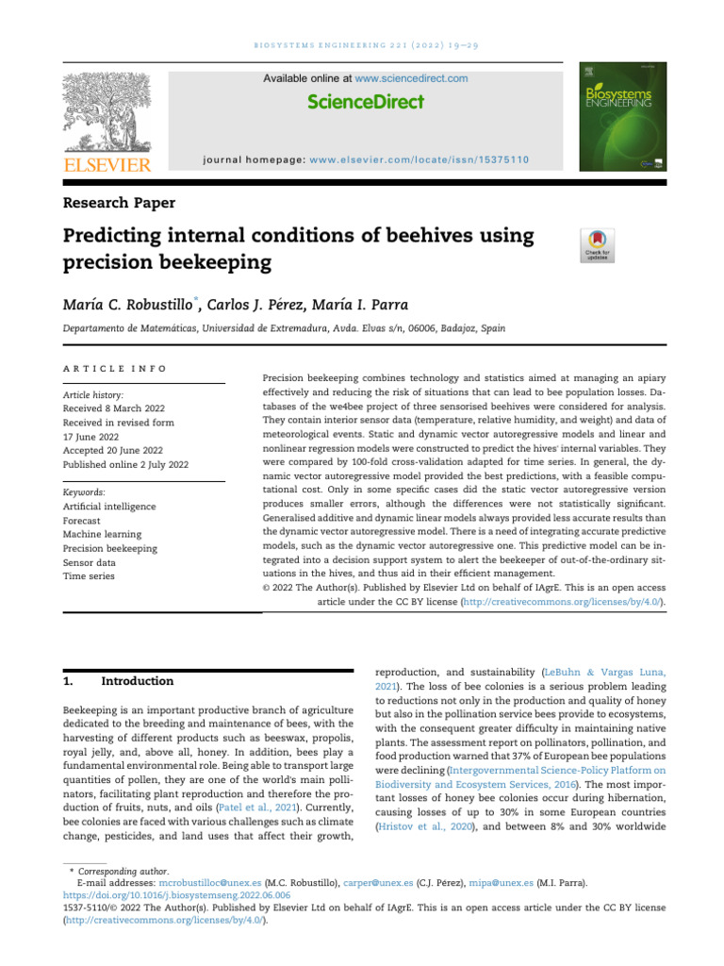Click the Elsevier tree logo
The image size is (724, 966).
(x=107, y=115)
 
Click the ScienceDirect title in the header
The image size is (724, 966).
(x=365, y=102)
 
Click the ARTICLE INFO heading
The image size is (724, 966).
(x=115, y=368)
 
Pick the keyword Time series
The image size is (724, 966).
(x=88, y=575)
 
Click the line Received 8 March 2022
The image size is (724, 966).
(x=116, y=408)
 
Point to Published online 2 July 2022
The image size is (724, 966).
(x=125, y=465)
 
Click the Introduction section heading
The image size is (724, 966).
(x=137, y=681)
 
